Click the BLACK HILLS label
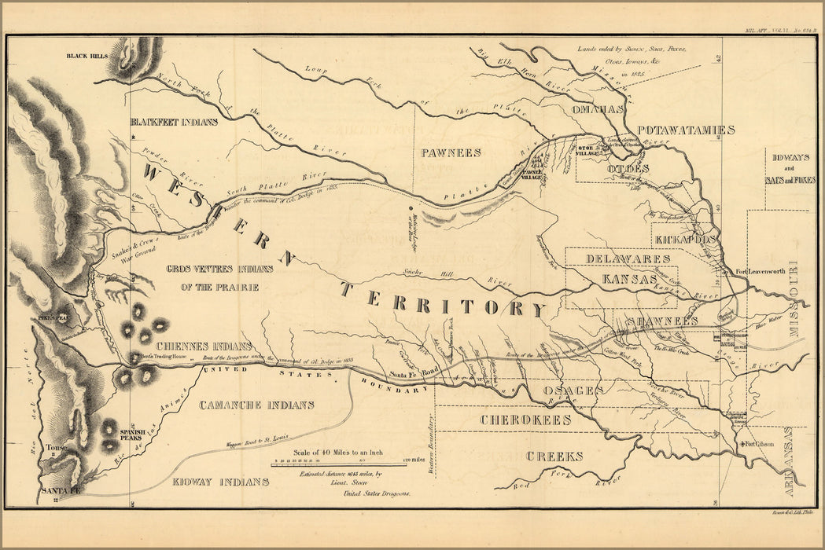87,56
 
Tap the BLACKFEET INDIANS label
174,123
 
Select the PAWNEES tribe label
450,152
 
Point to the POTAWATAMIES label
686,130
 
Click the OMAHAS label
602,108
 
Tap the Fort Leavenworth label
761,272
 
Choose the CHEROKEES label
525,420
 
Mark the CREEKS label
554,456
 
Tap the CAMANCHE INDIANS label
256,405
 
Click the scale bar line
338,466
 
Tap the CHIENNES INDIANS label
204,346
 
